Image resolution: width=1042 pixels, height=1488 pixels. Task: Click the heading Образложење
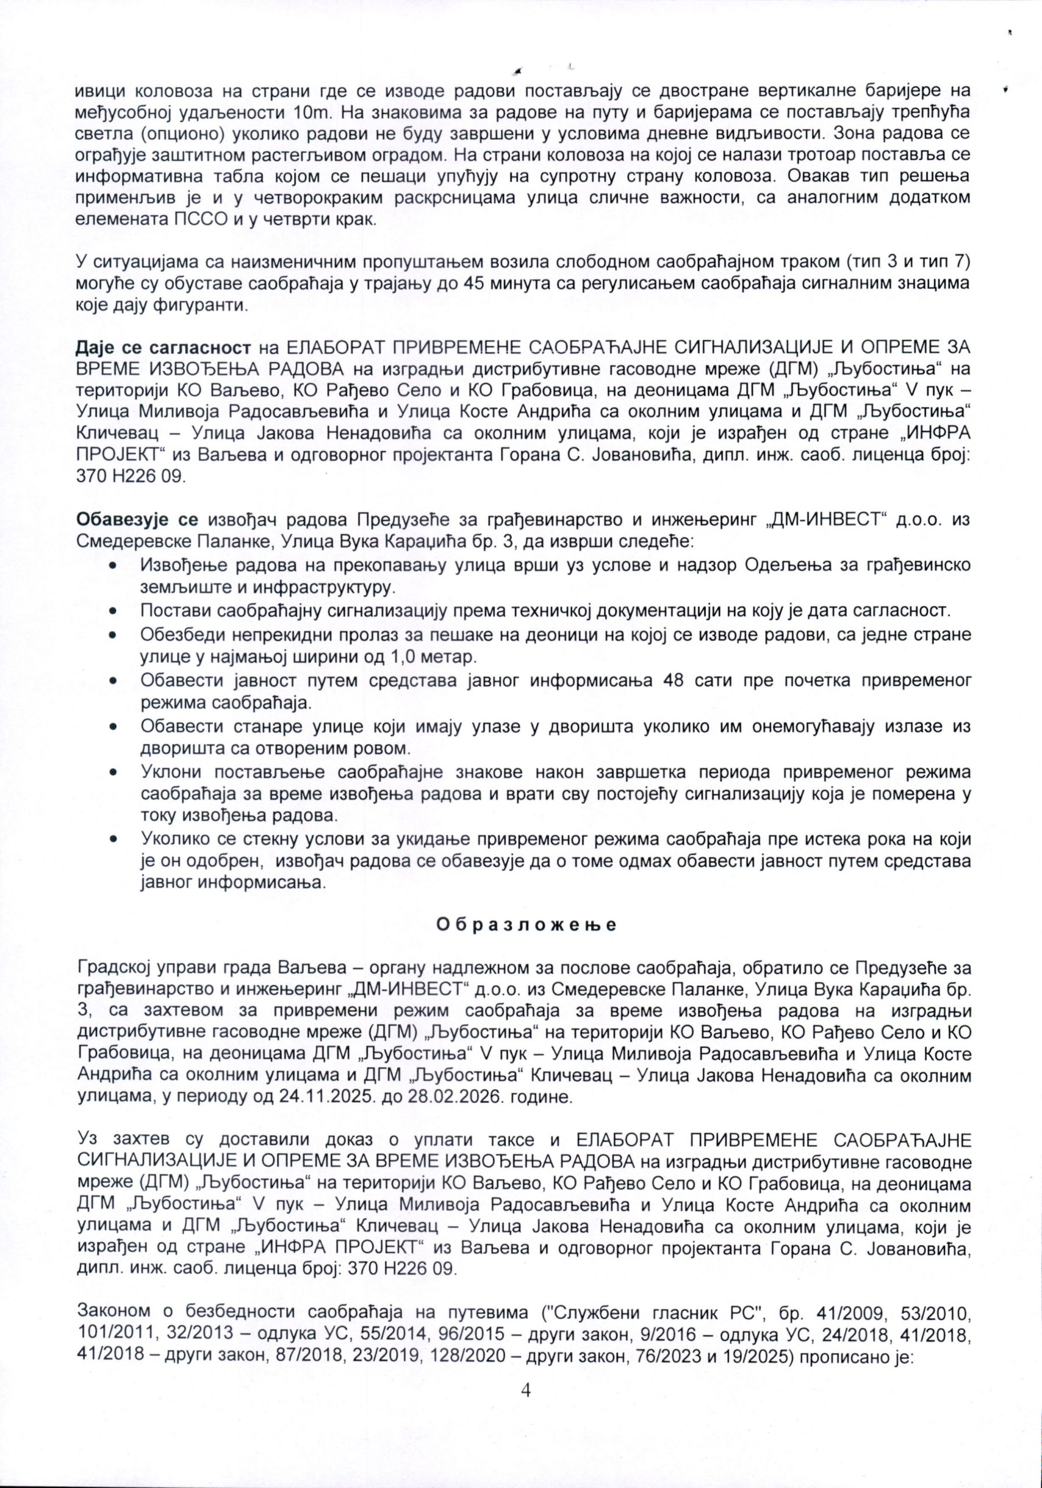525,924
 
